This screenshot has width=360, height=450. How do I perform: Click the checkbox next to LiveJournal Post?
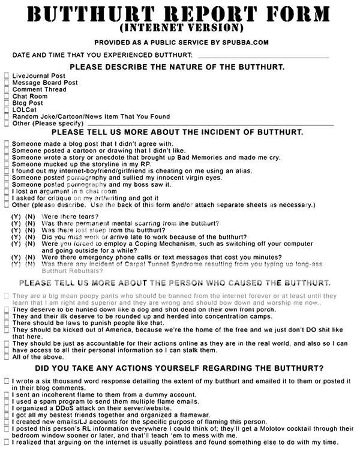pyautogui.click(x=7, y=76)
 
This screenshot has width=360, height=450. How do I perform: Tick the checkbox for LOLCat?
pyautogui.click(x=7, y=109)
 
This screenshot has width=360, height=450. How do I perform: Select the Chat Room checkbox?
pyautogui.click(x=7, y=96)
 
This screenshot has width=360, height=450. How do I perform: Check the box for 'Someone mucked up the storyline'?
pyautogui.click(x=7, y=164)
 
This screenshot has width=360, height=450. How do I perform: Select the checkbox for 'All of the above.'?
pyautogui.click(x=7, y=358)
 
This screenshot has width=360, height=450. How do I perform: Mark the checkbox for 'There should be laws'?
pyautogui.click(x=7, y=323)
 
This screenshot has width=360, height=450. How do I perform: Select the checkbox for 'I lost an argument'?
pyautogui.click(x=7, y=191)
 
